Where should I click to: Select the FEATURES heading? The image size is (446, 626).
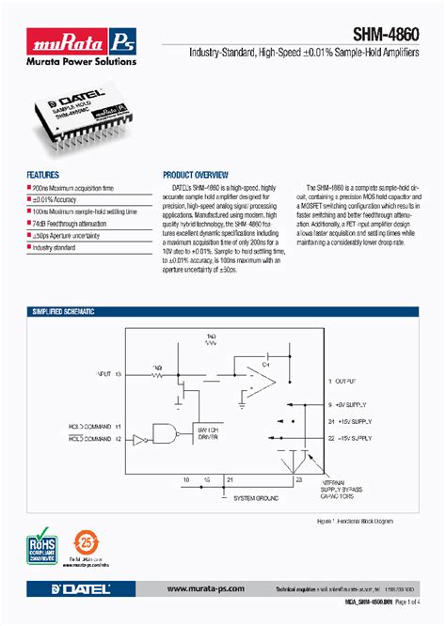tap(43, 175)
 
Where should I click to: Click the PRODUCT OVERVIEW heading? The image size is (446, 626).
tap(196, 175)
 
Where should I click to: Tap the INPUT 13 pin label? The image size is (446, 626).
tap(109, 374)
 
